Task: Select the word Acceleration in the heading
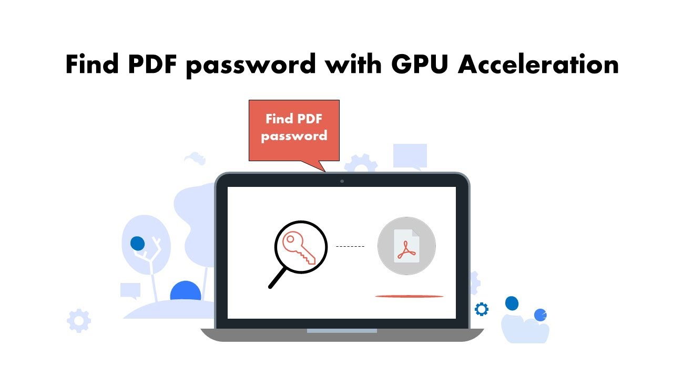(538, 65)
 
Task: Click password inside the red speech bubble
(294, 136)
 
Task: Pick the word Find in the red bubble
(279, 119)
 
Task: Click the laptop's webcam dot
(342, 181)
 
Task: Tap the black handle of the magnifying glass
(278, 278)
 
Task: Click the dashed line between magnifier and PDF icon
(350, 246)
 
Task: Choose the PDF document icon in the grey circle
(406, 246)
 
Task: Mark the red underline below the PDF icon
(409, 296)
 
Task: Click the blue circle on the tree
(137, 244)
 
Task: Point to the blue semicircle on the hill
(186, 292)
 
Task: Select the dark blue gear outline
(481, 309)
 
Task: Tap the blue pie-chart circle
(540, 314)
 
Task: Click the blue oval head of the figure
(512, 303)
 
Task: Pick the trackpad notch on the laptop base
(342, 331)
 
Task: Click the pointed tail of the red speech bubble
(322, 167)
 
